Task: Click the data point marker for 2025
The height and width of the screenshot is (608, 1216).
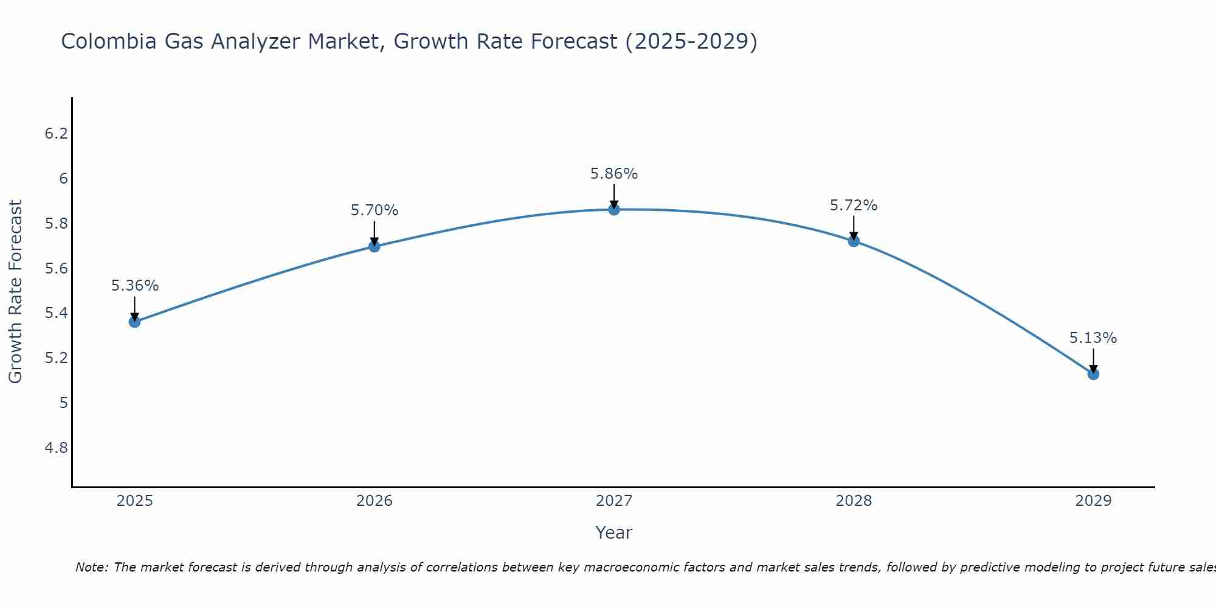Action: pos(134,322)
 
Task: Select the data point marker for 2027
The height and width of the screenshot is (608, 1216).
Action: pos(614,210)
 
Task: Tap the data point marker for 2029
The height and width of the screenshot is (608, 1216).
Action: pos(1093,374)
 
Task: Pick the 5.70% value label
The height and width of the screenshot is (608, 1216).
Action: pos(375,210)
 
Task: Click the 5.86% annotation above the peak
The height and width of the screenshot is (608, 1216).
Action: pos(614,174)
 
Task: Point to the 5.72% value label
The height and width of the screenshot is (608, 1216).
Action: pos(854,206)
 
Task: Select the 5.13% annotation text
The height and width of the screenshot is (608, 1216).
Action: pos(1093,338)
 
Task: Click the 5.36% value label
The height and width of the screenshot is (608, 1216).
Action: pos(135,286)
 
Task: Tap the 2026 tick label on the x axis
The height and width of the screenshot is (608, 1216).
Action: pos(375,501)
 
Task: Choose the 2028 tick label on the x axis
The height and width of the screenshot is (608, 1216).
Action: pos(854,501)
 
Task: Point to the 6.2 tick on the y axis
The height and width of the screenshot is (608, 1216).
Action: pos(56,134)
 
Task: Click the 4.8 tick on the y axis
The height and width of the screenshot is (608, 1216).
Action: pos(56,448)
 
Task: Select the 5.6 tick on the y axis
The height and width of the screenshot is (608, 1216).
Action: pos(56,269)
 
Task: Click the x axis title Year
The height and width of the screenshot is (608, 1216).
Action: pos(614,533)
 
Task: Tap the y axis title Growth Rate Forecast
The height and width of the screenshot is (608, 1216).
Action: pos(15,292)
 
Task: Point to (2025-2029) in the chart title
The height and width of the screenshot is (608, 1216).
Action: pos(691,41)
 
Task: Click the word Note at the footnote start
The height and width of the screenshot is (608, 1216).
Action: pos(91,567)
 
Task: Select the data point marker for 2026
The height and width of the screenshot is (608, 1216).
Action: pos(375,246)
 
